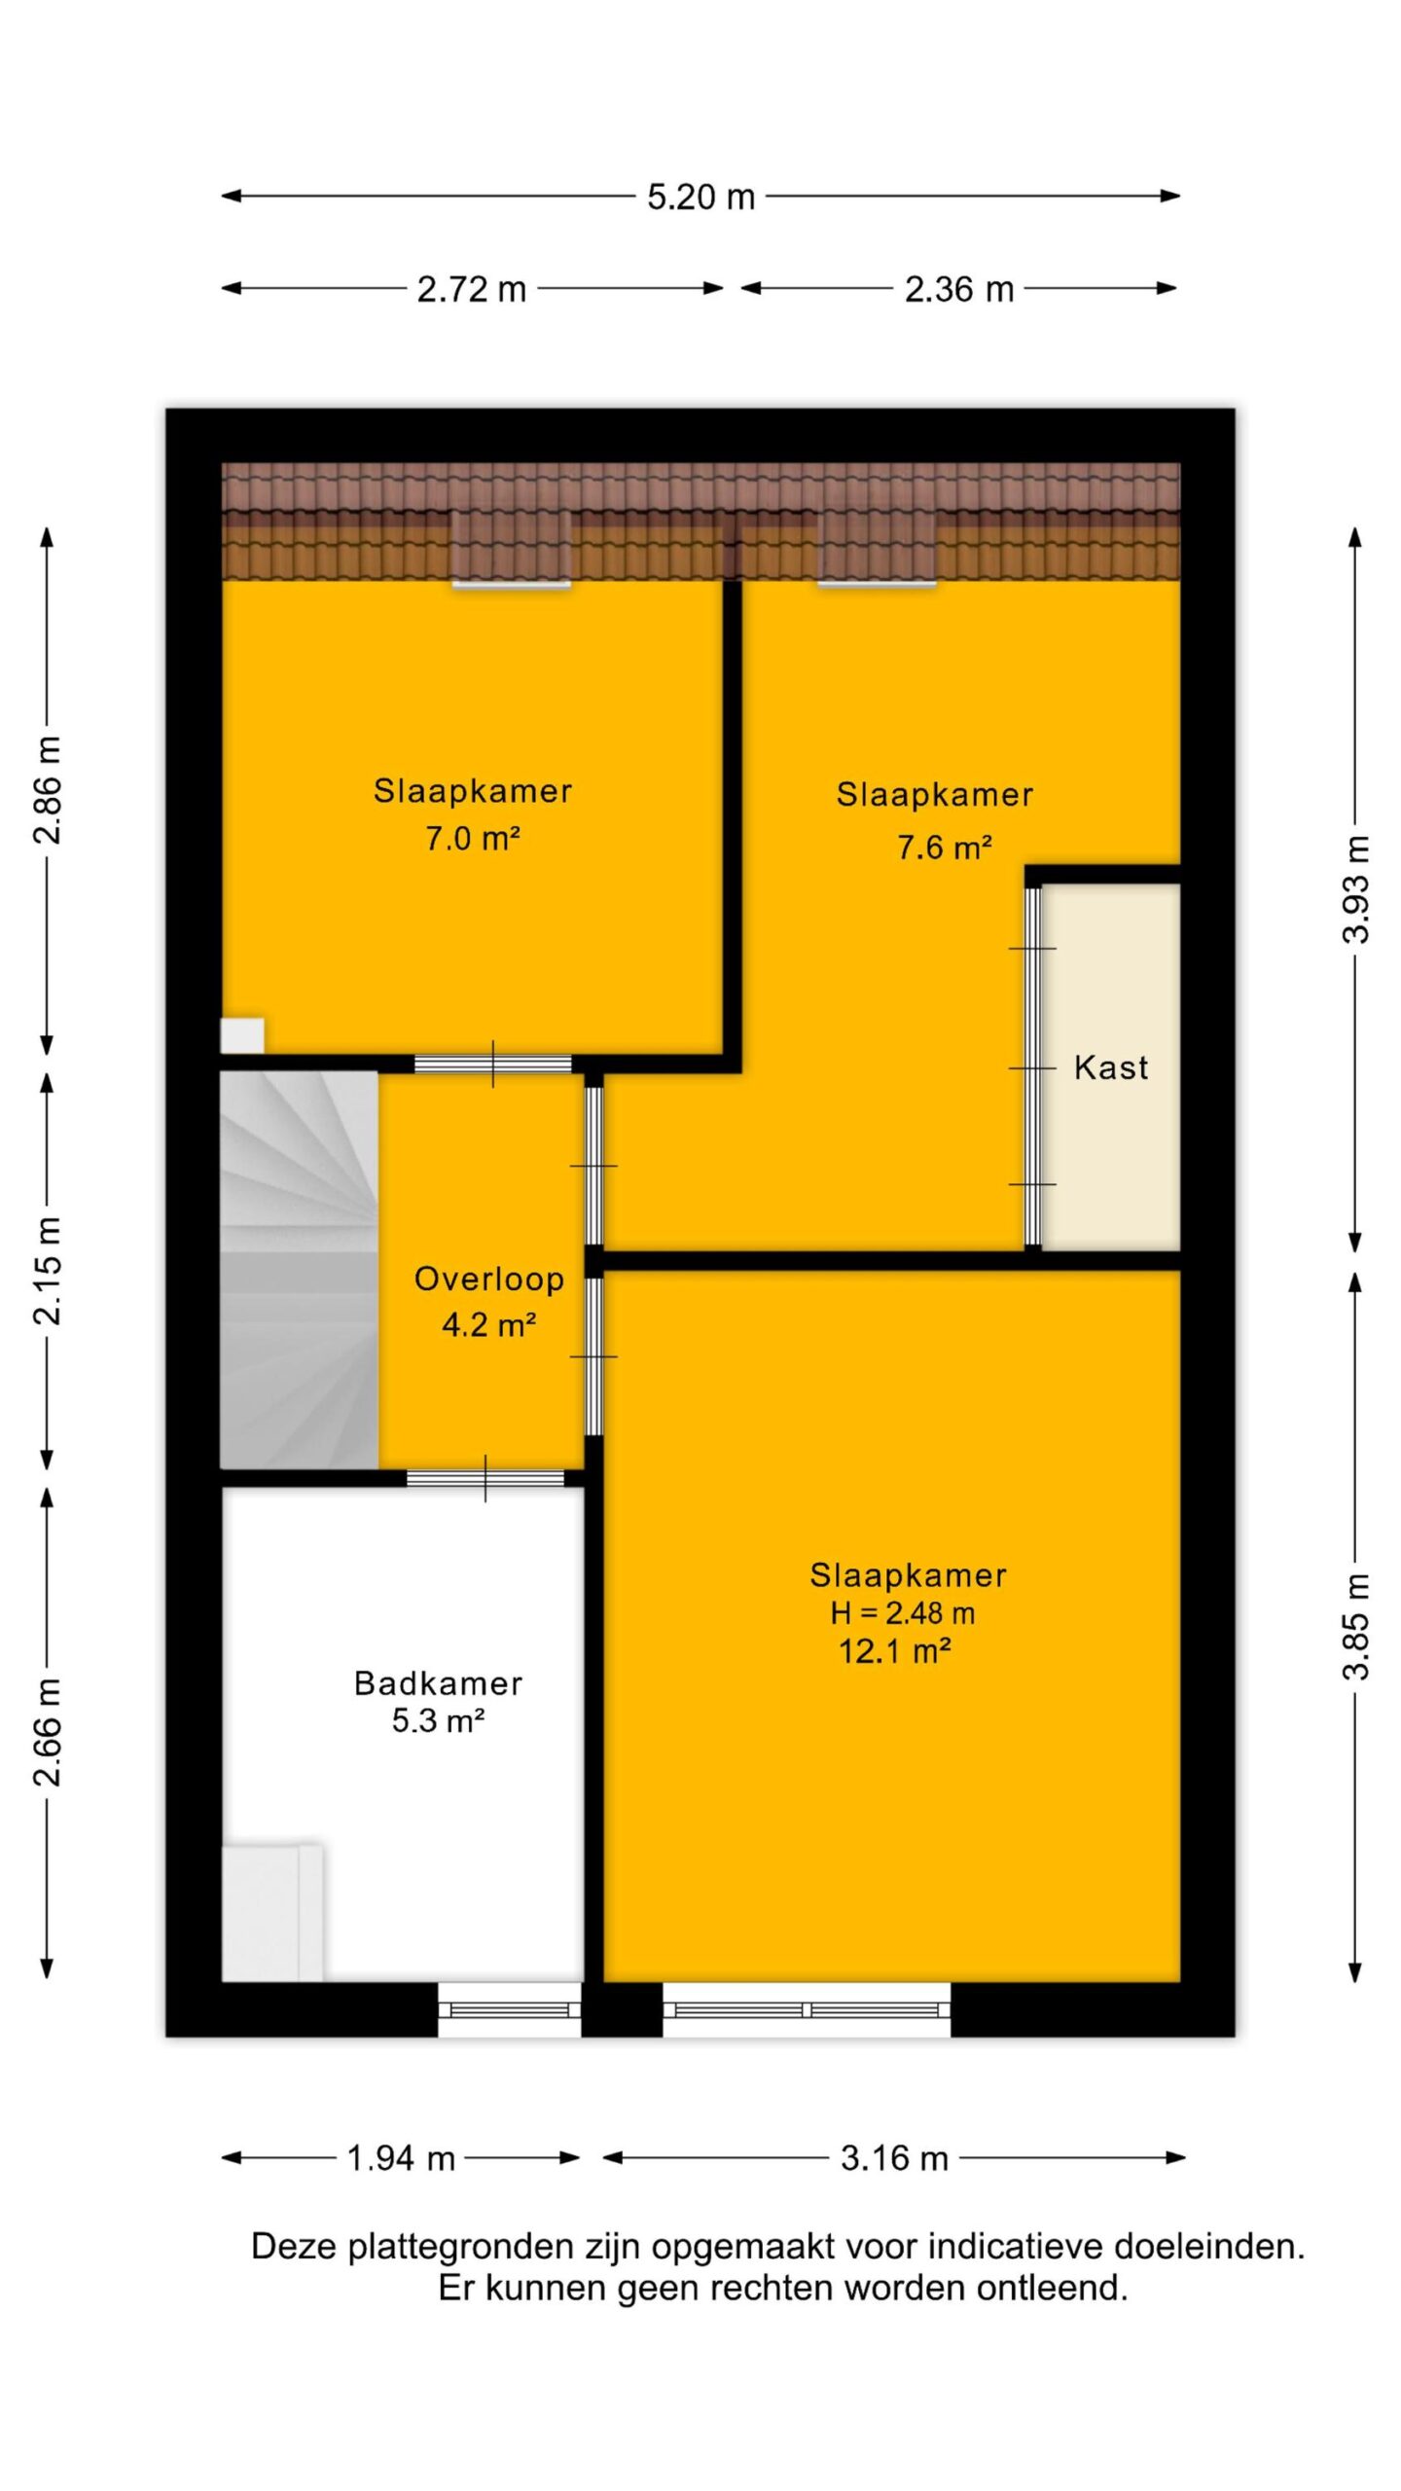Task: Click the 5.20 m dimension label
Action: click(700, 198)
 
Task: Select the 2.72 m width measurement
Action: click(472, 290)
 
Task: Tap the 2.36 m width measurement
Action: click(959, 290)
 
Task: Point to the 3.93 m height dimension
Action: click(1355, 888)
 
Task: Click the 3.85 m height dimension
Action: click(1355, 1626)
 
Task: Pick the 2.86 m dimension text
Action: click(48, 789)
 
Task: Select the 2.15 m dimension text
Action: click(48, 1271)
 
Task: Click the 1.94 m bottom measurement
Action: click(402, 2159)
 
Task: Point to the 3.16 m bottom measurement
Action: click(894, 2159)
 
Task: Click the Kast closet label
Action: click(1111, 1067)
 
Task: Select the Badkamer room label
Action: click(438, 1683)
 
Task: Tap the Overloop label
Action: click(489, 1279)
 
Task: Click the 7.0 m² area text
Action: click(473, 838)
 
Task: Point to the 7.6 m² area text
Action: click(945, 848)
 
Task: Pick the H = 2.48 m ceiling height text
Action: click(903, 1613)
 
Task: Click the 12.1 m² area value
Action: click(895, 1651)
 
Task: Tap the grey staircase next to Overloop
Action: click(299, 1270)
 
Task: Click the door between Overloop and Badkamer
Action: click(485, 1478)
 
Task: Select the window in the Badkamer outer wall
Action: click(510, 2008)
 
